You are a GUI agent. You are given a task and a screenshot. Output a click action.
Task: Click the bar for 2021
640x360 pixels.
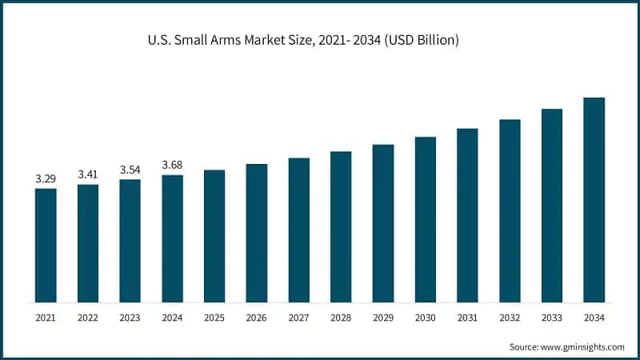[46, 246]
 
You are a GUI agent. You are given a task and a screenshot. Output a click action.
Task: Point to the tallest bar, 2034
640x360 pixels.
[594, 200]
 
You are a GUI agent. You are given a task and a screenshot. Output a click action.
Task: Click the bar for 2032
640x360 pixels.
[510, 211]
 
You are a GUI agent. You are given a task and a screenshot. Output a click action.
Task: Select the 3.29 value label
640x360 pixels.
[46, 178]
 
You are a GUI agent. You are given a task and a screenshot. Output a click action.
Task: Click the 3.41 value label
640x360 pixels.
[88, 174]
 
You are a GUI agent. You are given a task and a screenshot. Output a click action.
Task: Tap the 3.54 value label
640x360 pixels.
[130, 169]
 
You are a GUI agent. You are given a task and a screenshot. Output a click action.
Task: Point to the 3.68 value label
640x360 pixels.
[172, 164]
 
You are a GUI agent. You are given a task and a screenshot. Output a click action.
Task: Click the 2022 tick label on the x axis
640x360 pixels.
[88, 318]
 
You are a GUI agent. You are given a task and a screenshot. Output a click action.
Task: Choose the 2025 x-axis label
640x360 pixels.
[214, 318]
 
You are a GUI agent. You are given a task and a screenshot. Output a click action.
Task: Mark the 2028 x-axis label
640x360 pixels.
[341, 318]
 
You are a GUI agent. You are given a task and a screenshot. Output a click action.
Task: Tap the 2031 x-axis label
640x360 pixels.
[467, 318]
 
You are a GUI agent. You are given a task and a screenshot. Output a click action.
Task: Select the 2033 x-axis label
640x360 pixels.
[552, 318]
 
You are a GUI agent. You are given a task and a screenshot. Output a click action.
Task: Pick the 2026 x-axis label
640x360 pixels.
[256, 318]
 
